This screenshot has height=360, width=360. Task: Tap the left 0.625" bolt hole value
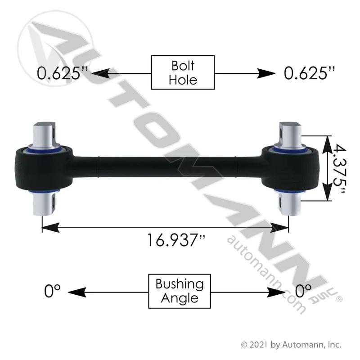tap(62, 73)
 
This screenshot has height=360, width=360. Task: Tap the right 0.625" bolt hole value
tap(309, 73)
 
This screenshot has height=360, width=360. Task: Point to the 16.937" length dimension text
tap(175, 240)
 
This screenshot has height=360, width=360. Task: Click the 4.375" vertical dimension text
tap(339, 169)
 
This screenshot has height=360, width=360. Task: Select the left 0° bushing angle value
tap(52, 291)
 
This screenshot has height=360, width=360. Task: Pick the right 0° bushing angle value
tap(303, 291)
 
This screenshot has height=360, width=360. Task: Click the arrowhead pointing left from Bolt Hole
tap(100, 73)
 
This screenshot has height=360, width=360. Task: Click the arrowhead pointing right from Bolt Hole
tap(266, 73)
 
